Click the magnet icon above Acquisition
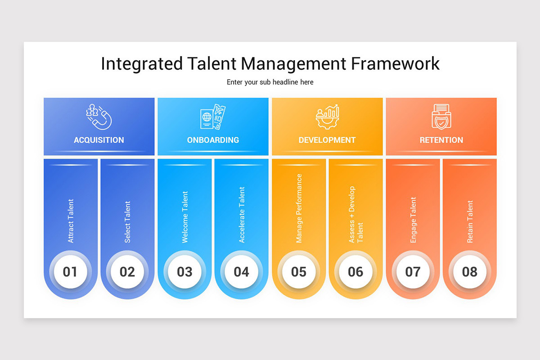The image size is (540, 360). pos(99,117)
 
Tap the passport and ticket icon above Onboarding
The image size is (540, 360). pos(213,117)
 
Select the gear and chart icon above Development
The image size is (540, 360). pos(327,117)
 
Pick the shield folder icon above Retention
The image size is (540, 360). pos(441,117)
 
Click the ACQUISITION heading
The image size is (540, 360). pos(99,140)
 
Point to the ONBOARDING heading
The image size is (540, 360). pos(213,140)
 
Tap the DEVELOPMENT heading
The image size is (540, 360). pos(327,140)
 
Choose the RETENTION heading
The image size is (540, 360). pos(441,140)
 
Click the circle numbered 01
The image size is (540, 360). pos(70,272)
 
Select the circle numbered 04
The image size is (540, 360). pos(241,272)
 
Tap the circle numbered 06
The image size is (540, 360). pos(355,272)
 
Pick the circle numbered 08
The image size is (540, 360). pos(469,272)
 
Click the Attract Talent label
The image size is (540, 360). pos(71,221)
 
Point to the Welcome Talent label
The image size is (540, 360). pos(184,217)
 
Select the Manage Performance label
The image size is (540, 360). pos(299,208)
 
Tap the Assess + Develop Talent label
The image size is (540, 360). pos(355,215)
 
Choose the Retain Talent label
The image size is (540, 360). pos(470,222)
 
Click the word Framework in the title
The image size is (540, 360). pos(395,64)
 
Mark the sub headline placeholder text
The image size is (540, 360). pos(270,82)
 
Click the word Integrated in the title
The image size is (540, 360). pos(142,64)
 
